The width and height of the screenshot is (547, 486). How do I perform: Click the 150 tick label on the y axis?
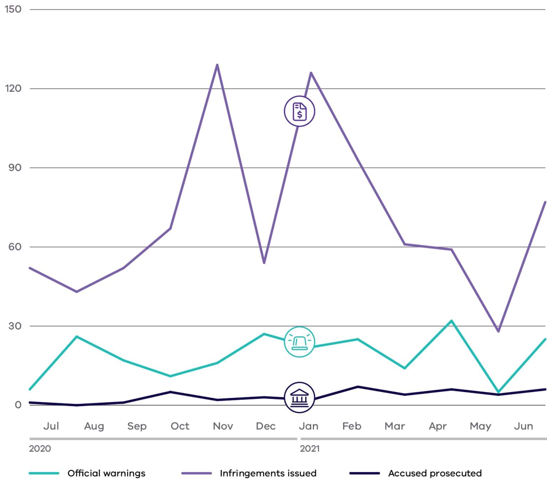pyautogui.click(x=13, y=9)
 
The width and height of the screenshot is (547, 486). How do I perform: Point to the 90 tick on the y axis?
pyautogui.click(x=15, y=168)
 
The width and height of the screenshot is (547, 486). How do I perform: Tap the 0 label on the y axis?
pyautogui.click(x=18, y=405)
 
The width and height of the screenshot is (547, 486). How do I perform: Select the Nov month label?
pyautogui.click(x=223, y=426)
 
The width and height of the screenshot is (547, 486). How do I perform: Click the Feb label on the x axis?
pyautogui.click(x=351, y=426)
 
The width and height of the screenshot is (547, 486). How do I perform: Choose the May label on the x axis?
pyautogui.click(x=480, y=426)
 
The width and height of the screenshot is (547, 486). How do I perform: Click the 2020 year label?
pyautogui.click(x=40, y=449)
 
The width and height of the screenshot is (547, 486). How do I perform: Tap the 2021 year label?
pyautogui.click(x=309, y=449)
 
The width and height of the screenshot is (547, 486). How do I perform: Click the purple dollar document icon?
pyautogui.click(x=299, y=111)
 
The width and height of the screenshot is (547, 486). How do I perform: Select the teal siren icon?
pyautogui.click(x=299, y=342)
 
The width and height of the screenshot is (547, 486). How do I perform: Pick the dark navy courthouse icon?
pyautogui.click(x=299, y=397)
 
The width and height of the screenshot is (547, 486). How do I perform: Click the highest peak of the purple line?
pyautogui.click(x=217, y=65)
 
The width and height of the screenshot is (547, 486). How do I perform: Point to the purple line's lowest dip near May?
pyautogui.click(x=498, y=331)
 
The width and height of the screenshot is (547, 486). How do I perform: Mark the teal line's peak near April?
pyautogui.click(x=452, y=321)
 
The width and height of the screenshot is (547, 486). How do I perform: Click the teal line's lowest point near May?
pyautogui.click(x=498, y=392)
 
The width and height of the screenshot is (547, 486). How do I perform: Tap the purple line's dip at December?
pyautogui.click(x=264, y=263)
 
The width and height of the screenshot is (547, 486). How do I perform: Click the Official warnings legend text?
pyautogui.click(x=106, y=473)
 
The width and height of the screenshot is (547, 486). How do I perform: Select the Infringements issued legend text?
pyautogui.click(x=268, y=473)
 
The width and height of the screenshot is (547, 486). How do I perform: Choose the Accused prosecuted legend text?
pyautogui.click(x=435, y=473)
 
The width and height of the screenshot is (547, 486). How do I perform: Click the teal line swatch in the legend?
pyautogui.click(x=44, y=473)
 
